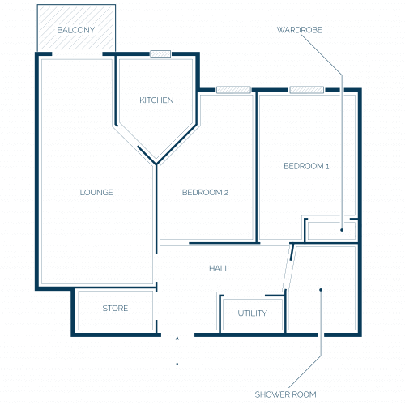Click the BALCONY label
click(x=76, y=30)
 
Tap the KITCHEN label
click(x=156, y=100)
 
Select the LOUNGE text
click(x=96, y=192)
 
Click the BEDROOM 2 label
click(x=205, y=192)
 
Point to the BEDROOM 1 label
click(x=306, y=166)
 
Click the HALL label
click(x=220, y=268)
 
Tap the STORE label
click(x=115, y=308)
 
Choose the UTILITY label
click(x=253, y=313)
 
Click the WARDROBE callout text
click(x=300, y=30)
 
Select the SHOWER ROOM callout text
click(x=286, y=394)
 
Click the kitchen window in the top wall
click(x=160, y=53)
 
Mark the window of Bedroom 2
click(x=234, y=90)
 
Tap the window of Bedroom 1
click(x=307, y=90)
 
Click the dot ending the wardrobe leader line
click(x=342, y=230)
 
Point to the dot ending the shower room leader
click(x=321, y=290)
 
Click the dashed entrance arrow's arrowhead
click(x=177, y=338)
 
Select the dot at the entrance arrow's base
click(x=177, y=364)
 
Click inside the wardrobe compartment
click(x=331, y=231)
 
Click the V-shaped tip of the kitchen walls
click(x=156, y=164)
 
